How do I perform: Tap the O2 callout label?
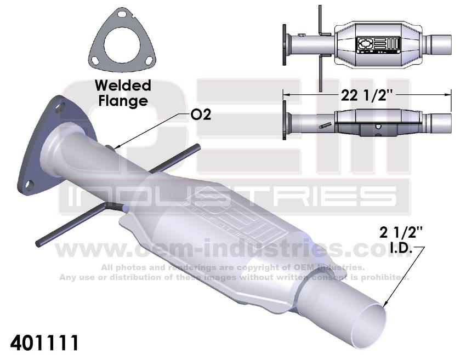click(x=201, y=115)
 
